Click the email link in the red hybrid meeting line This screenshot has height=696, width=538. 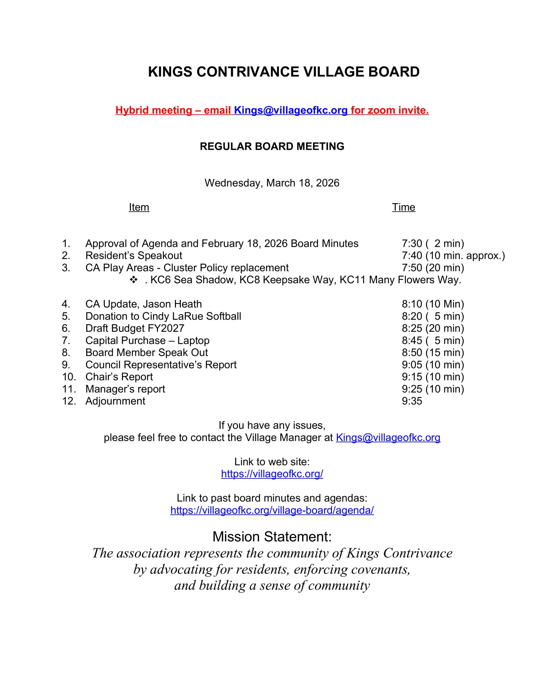[x=290, y=110]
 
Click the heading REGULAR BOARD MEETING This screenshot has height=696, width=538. [x=272, y=146]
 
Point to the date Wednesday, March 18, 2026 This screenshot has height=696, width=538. [x=272, y=183]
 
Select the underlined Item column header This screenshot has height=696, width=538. [x=139, y=207]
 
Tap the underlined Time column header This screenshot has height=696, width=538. [x=403, y=207]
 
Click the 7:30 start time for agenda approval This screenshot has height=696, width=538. [x=412, y=244]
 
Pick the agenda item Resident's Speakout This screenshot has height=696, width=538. [x=134, y=256]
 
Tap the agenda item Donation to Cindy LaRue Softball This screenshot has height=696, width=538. [x=163, y=316]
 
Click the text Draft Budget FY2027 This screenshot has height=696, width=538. [x=135, y=328]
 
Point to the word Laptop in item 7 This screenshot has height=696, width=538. [x=193, y=340]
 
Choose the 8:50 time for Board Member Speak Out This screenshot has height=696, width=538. [x=412, y=352]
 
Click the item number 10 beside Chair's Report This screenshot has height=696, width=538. [x=69, y=377]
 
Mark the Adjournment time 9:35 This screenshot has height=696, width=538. [x=412, y=401]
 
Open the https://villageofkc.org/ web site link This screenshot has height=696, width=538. [x=272, y=474]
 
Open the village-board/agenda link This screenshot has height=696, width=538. [x=272, y=510]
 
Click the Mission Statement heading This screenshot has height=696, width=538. [x=272, y=537]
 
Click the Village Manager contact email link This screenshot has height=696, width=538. [x=388, y=437]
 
